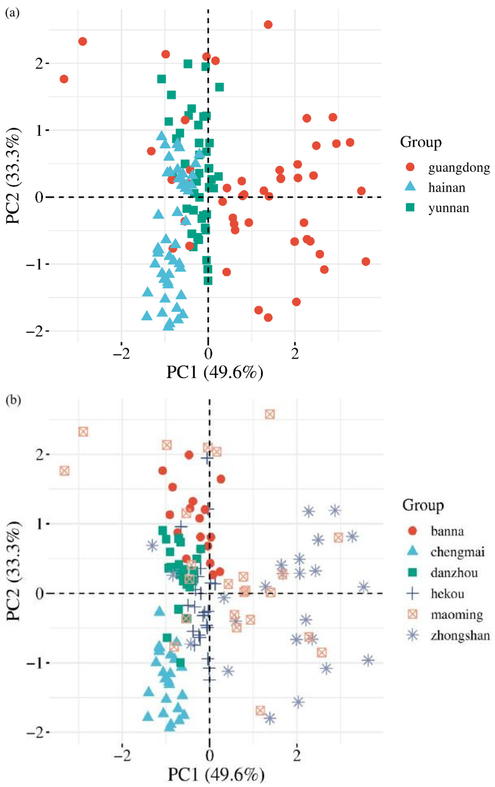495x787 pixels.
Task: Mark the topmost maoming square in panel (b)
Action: coord(270,414)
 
